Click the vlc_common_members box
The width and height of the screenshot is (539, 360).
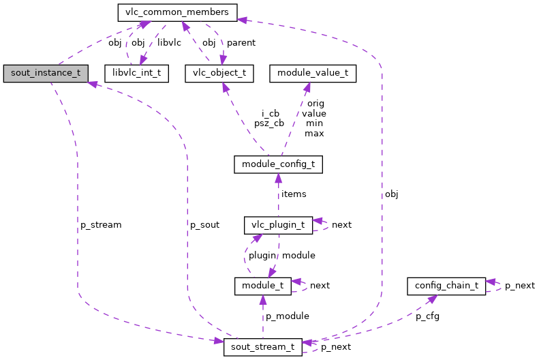177,12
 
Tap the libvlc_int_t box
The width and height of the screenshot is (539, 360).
136,74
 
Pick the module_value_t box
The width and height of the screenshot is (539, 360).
313,74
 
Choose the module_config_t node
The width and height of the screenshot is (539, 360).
278,164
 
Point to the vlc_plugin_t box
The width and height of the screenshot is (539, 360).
278,224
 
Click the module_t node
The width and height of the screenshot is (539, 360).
262,286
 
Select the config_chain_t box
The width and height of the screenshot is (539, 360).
446,286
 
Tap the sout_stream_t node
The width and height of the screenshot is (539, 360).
262,346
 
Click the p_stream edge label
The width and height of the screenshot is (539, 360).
100,225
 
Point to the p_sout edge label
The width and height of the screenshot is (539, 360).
204,225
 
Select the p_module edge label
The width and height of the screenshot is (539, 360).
287,316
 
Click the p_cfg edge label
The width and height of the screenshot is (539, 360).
429,316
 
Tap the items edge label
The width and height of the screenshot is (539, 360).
294,194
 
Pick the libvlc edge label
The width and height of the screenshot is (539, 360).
168,43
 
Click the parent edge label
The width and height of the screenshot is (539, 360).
241,43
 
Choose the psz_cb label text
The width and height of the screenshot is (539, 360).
269,124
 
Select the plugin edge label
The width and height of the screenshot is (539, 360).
262,256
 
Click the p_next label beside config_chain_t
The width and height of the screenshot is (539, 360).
520,286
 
